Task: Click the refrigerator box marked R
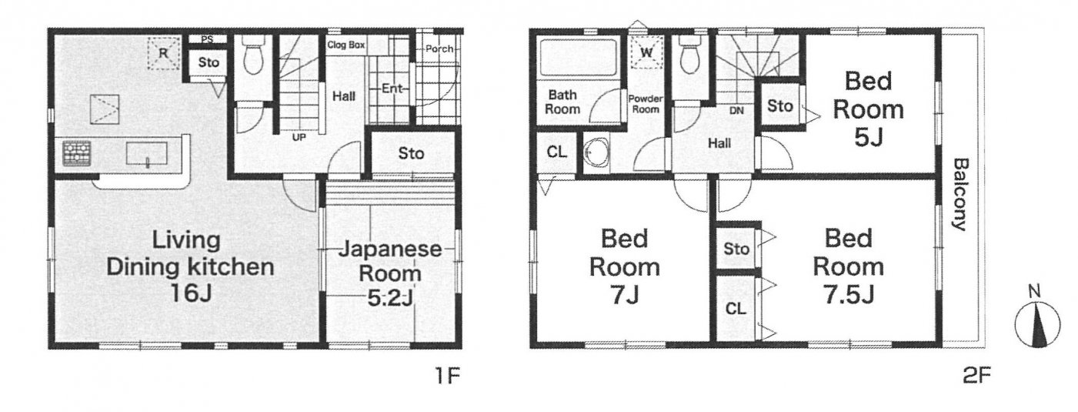tap(164, 53)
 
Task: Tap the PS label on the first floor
tap(207, 39)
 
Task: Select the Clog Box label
tap(346, 45)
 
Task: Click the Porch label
tap(439, 49)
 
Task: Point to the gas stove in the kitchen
tap(76, 153)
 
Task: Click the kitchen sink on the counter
tap(147, 154)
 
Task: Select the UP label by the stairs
tap(299, 137)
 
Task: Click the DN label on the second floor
tap(736, 111)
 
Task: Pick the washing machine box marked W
tap(646, 52)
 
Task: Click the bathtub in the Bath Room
tap(579, 57)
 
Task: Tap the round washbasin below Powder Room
tap(596, 153)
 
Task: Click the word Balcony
tap(960, 195)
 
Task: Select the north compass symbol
tap(1037, 321)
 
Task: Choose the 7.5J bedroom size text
tap(849, 296)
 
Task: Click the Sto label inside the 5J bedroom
tap(779, 106)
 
